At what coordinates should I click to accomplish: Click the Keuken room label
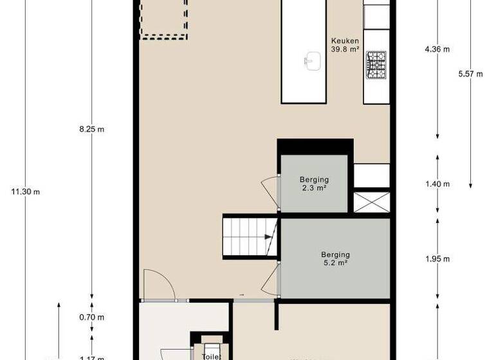(345, 44)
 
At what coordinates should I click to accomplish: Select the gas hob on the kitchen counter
(376, 65)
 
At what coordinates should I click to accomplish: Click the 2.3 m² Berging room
(314, 183)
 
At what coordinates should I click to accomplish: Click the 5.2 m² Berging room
(335, 258)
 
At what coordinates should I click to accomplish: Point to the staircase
(248, 236)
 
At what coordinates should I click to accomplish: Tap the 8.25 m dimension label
(91, 129)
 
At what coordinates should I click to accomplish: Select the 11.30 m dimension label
(27, 192)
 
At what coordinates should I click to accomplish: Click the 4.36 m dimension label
(437, 48)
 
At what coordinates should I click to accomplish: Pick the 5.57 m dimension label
(470, 74)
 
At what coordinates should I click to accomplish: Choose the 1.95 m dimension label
(437, 259)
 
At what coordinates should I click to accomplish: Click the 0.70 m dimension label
(91, 317)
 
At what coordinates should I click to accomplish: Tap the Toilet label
(212, 355)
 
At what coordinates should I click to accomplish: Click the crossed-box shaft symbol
(371, 201)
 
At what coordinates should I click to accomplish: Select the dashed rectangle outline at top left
(163, 19)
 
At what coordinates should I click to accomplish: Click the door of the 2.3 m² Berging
(271, 192)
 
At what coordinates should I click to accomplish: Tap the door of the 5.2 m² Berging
(272, 279)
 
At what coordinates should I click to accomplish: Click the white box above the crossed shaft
(371, 175)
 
